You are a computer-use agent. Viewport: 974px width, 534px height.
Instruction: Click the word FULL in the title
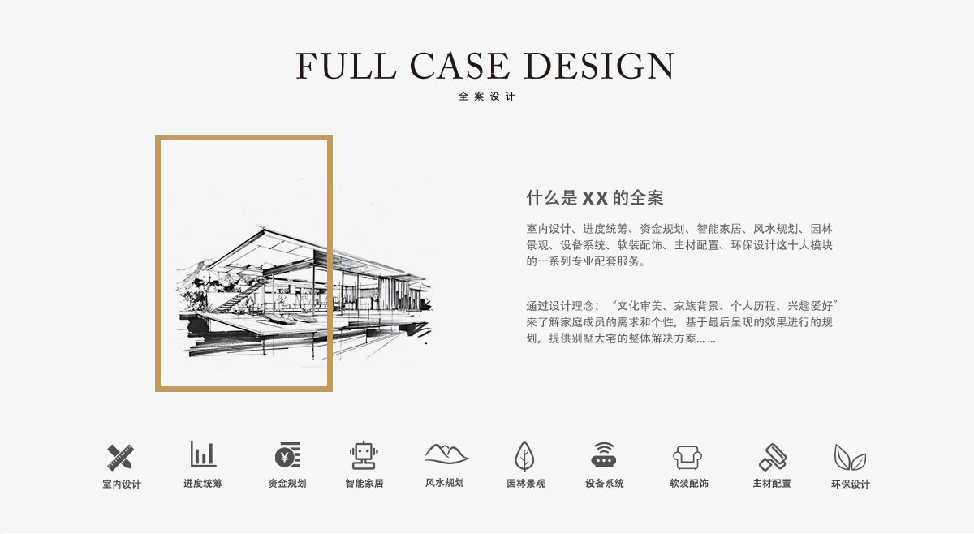346,66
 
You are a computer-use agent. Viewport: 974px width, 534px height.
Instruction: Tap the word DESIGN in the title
600,66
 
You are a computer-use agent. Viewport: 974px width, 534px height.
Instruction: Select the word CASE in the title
459,66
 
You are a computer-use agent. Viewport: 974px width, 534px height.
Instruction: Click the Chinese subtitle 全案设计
486,96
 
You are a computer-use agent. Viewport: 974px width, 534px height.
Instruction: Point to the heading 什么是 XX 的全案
594,198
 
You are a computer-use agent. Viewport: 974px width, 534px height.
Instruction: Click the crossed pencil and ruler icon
120,457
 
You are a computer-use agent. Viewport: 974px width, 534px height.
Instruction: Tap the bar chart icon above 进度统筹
203,454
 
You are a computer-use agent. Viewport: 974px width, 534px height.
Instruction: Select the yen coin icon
287,454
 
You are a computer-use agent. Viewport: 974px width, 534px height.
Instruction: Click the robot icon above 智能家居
364,456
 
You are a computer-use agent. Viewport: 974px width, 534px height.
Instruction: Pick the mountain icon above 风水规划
446,454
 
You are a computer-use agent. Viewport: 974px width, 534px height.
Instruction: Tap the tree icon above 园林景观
524,457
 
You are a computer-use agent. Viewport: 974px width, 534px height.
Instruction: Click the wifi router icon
604,454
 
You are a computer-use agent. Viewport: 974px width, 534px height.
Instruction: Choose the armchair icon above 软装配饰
687,458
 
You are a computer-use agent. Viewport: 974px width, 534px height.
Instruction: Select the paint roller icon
773,457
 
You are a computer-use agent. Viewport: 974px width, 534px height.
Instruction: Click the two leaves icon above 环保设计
850,457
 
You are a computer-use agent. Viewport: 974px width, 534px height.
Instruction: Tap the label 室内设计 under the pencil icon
122,484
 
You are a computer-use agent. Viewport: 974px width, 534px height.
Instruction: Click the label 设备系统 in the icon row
605,483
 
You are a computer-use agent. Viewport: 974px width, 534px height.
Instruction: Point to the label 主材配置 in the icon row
772,483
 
